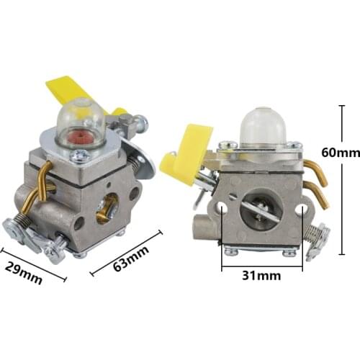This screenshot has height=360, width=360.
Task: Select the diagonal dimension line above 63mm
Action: (127, 252)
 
